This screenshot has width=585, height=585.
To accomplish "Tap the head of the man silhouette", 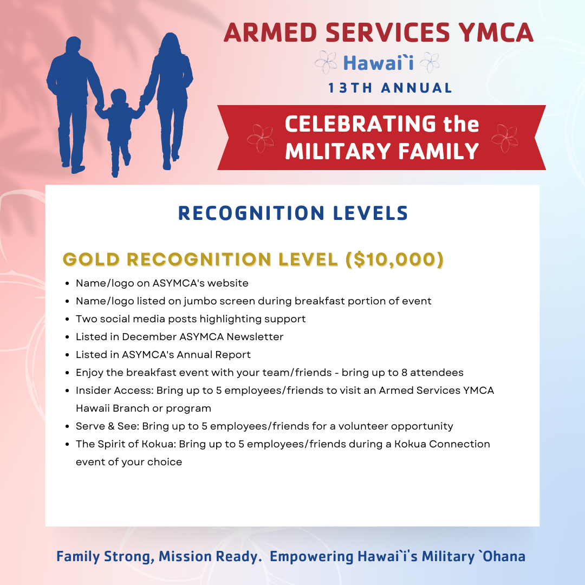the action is [74, 45].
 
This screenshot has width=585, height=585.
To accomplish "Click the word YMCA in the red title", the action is [496, 32].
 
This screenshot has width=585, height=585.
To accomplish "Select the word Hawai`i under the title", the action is [378, 63].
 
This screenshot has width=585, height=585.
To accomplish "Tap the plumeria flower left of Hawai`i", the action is [326, 62].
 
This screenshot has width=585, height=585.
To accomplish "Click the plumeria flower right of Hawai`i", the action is [430, 62].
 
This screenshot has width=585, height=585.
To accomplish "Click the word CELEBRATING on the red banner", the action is [360, 124].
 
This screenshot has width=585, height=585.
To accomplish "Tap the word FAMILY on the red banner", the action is [438, 151].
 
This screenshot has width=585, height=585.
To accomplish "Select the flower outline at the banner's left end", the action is [260, 139].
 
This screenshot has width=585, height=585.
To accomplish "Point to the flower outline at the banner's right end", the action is [504, 139].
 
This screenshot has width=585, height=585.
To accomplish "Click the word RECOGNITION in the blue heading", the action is [251, 213].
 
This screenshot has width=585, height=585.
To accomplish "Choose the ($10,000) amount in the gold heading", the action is [395, 259].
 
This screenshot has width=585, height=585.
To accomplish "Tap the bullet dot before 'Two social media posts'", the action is [67, 320].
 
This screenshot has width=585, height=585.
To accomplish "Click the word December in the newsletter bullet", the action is [149, 337].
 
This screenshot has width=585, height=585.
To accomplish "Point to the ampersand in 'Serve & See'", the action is [111, 426].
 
